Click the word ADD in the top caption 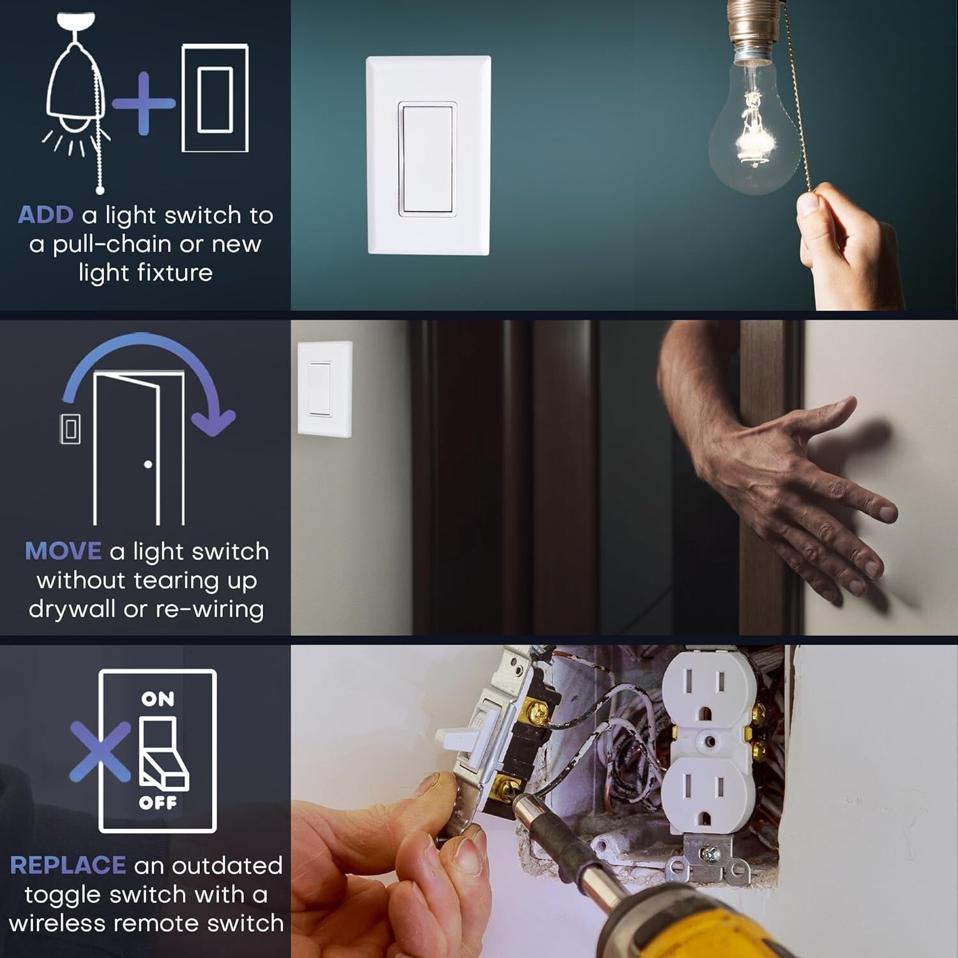[45, 215]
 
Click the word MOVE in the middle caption [63, 551]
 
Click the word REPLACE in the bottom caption [68, 865]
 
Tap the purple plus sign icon [144, 103]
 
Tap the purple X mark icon [100, 752]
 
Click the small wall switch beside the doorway [324, 389]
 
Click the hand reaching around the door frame [798, 492]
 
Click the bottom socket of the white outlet [703, 795]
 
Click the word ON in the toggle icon [158, 699]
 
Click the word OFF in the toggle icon [158, 803]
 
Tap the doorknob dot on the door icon [148, 464]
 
